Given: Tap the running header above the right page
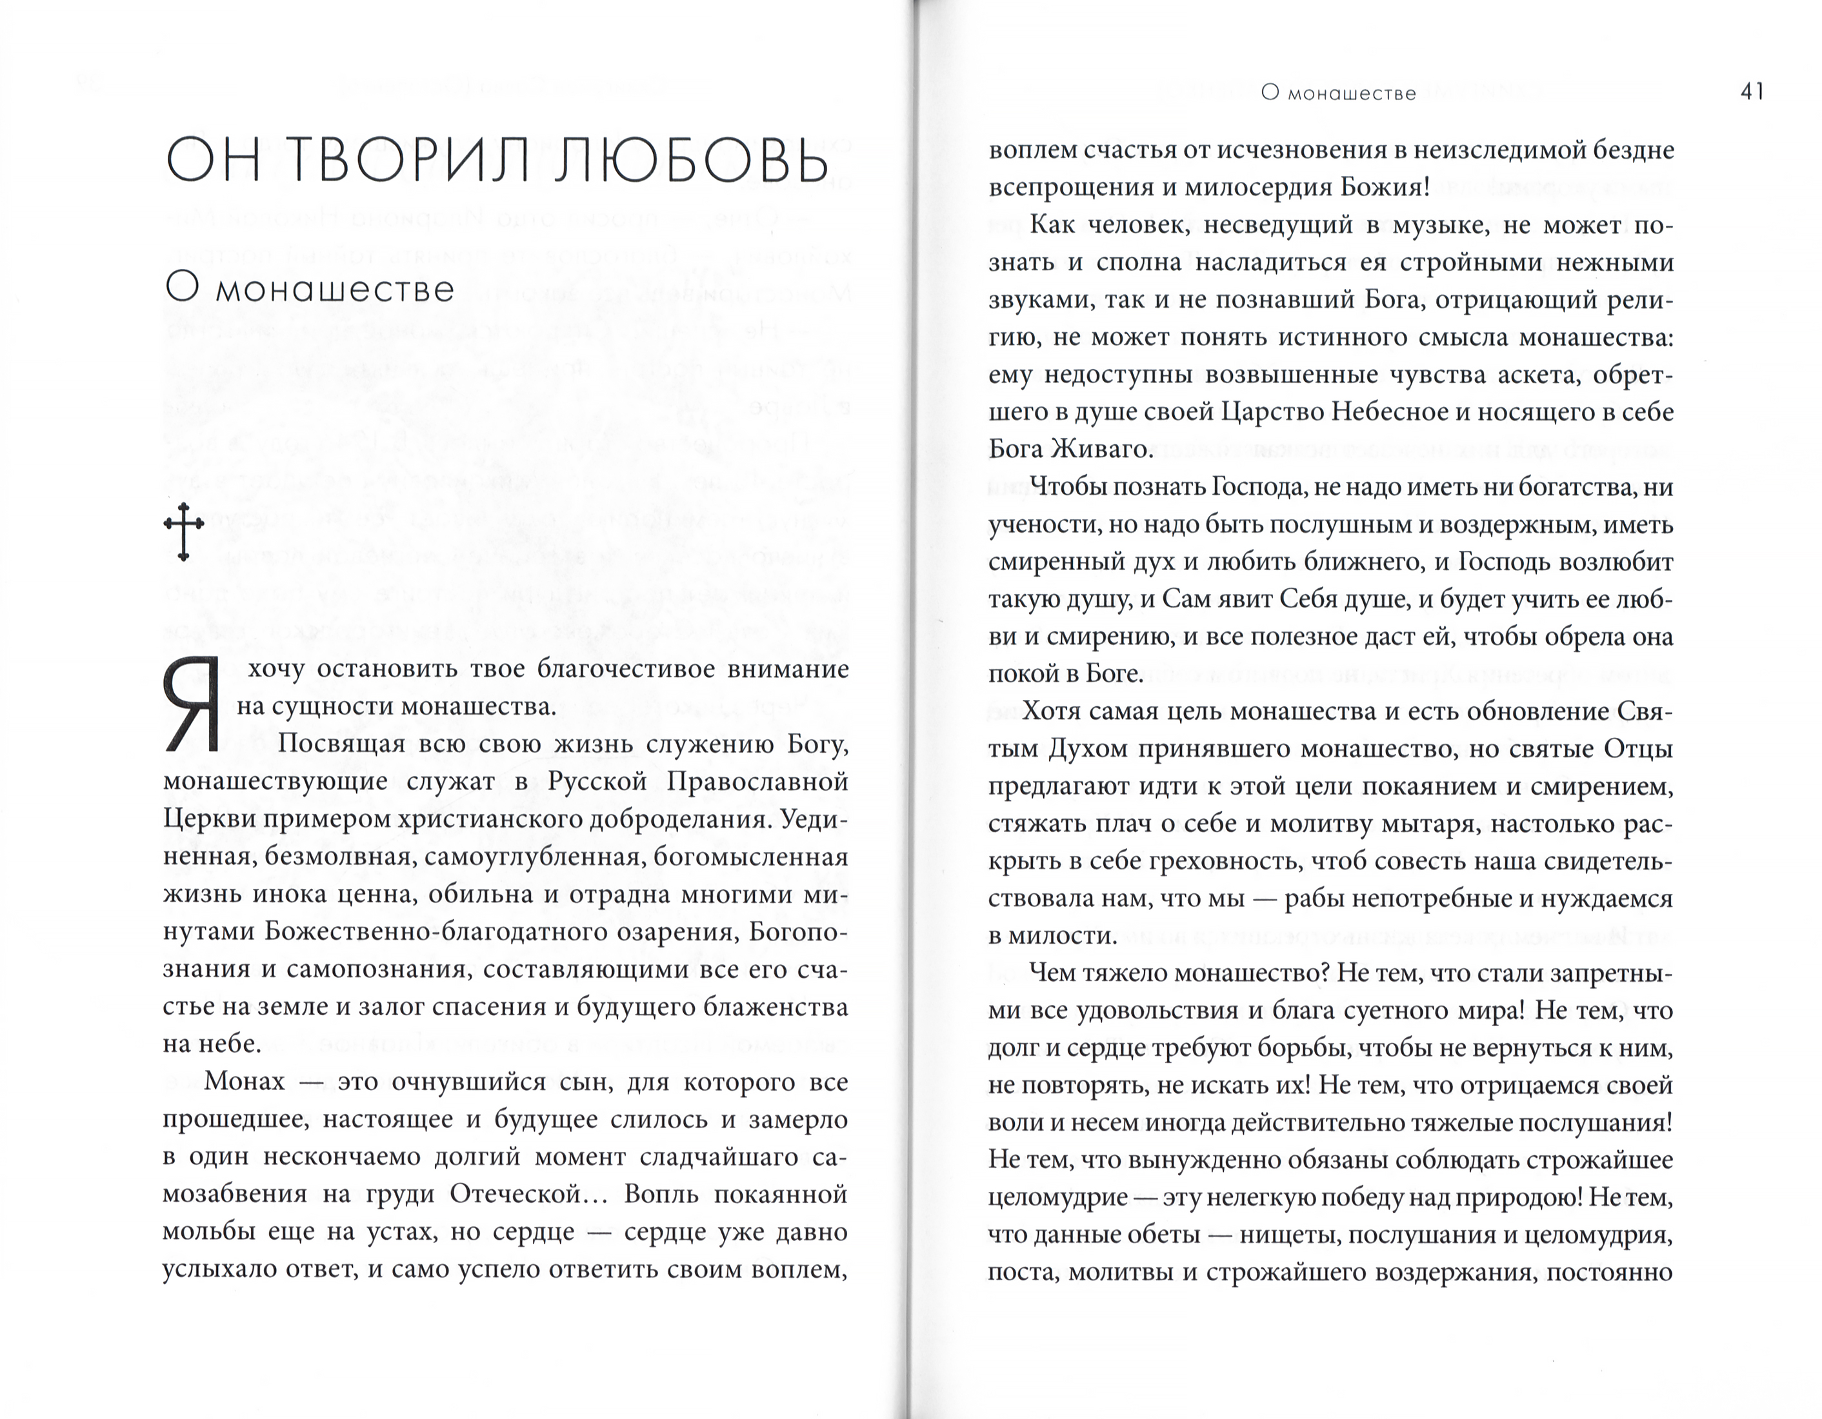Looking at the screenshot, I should pyautogui.click(x=1338, y=94).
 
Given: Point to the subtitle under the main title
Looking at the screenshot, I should pyautogui.click(x=310, y=289).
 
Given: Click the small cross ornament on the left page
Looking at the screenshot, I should pyautogui.click(x=183, y=531).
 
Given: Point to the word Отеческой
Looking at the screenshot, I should pyautogui.click(x=516, y=1195).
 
